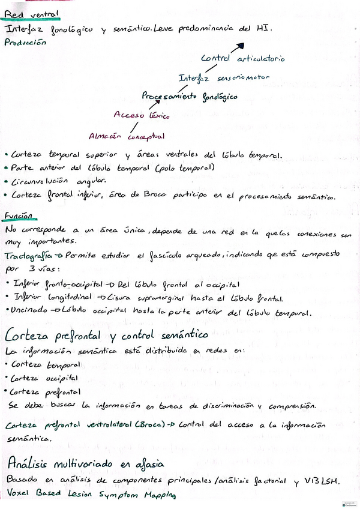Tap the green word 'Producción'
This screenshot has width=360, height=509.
tap(25, 43)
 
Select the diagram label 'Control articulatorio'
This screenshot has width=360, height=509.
tap(242, 58)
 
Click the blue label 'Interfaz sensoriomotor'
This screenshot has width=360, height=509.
tap(223, 77)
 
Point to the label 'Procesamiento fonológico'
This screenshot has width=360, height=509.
tap(189, 96)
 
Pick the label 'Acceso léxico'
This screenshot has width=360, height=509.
tap(141, 115)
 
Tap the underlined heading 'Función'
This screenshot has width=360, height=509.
tap(20, 215)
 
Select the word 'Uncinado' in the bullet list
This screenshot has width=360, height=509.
tap(32, 312)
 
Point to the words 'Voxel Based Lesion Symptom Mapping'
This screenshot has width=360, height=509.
tap(90, 495)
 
